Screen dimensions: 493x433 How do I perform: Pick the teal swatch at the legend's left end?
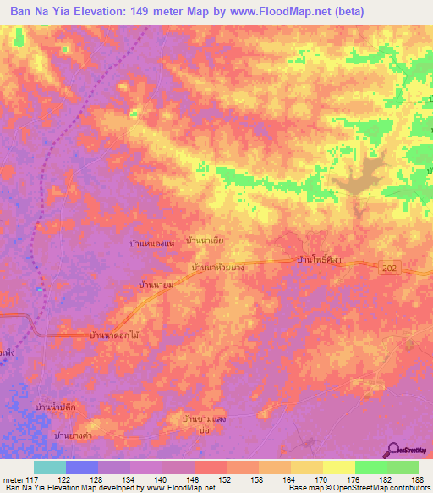(50, 467)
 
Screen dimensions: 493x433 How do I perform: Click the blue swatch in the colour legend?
(82, 467)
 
